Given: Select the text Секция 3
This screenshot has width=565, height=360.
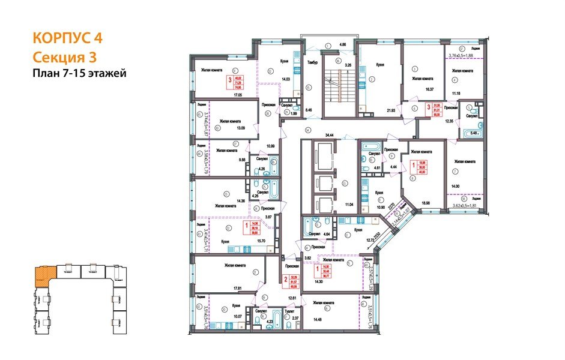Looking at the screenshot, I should (x=62, y=57).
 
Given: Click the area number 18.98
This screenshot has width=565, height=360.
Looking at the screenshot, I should (x=427, y=203).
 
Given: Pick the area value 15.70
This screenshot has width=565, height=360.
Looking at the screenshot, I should (x=261, y=241).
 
